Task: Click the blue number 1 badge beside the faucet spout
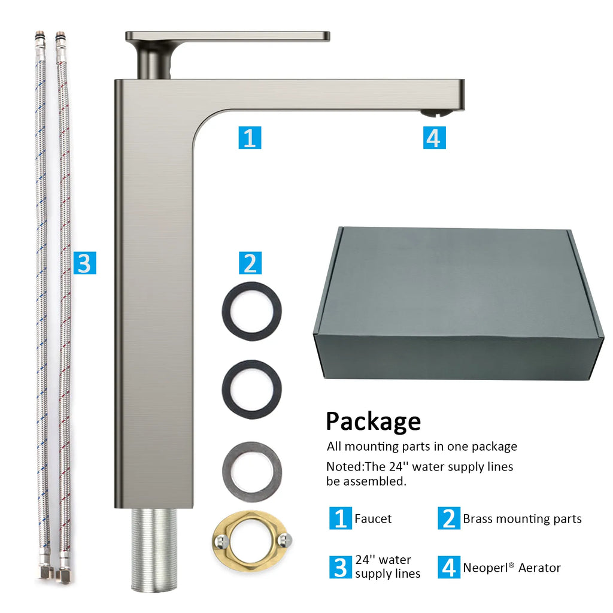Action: [250, 138]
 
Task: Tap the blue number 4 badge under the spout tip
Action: [435, 138]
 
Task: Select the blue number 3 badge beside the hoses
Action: [85, 263]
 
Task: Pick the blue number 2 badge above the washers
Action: [250, 263]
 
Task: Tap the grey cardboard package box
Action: [459, 303]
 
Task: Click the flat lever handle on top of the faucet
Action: [227, 37]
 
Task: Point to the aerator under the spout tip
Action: [436, 114]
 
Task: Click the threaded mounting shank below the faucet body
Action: [154, 550]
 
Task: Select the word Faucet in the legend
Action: [373, 519]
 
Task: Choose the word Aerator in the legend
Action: [539, 568]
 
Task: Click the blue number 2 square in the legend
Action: [449, 518]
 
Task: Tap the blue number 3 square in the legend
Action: [341, 568]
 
